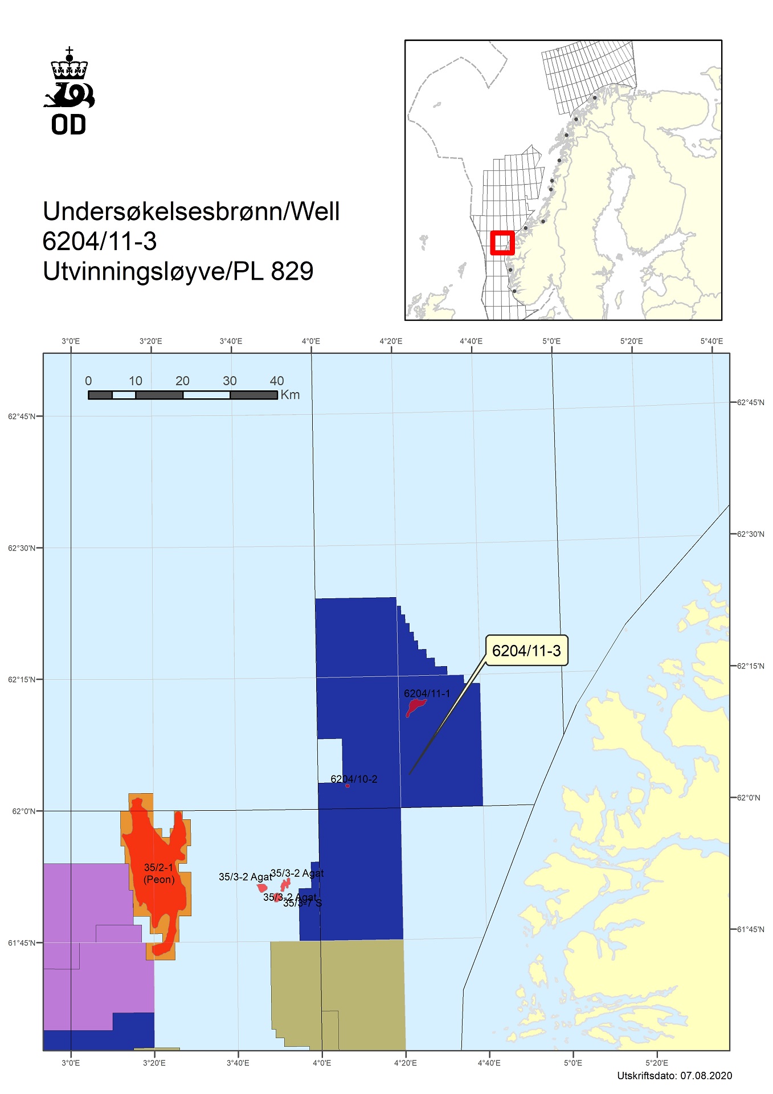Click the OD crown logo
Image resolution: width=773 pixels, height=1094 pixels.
(69, 91)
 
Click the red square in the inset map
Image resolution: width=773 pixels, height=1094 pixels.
(502, 242)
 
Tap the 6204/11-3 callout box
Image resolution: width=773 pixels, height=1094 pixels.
(526, 651)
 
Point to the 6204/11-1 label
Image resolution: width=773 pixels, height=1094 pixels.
(427, 693)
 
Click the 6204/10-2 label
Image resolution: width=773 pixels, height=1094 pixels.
(354, 779)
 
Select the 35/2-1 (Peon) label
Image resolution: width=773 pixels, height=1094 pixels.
(159, 873)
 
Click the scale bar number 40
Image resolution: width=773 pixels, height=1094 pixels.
(277, 381)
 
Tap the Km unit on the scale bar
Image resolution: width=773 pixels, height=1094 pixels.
(290, 395)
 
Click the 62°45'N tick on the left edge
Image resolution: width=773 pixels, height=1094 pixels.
(22, 417)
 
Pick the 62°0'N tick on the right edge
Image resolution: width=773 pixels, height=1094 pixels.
(749, 798)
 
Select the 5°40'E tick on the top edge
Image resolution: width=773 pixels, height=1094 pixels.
(711, 341)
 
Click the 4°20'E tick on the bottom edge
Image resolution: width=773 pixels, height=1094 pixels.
(405, 1063)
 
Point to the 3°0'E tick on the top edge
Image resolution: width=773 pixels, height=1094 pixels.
(71, 341)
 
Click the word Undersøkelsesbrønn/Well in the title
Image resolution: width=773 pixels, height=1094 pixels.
(191, 211)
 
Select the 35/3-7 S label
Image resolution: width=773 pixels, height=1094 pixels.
(303, 903)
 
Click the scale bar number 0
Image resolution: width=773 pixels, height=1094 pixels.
(88, 381)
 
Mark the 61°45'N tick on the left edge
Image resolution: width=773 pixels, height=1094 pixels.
(22, 943)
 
